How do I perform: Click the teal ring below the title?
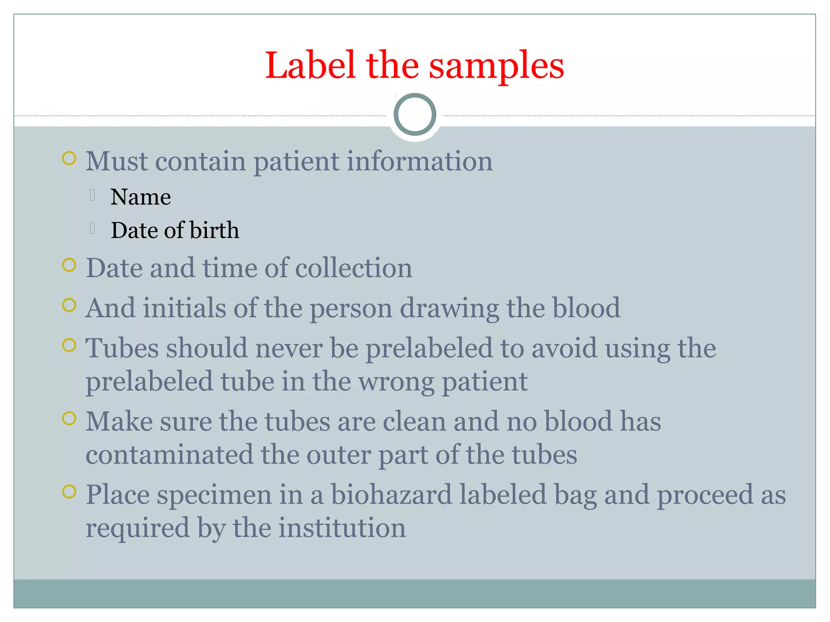[415, 115]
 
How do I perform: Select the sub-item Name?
[141, 197]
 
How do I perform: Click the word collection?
[353, 268]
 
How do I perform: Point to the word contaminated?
[169, 455]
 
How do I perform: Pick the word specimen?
[214, 496]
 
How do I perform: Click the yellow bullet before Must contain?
[69, 158]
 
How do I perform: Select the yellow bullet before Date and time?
[69, 265]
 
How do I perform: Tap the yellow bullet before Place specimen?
[69, 492]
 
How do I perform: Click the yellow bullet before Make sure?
[69, 418]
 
